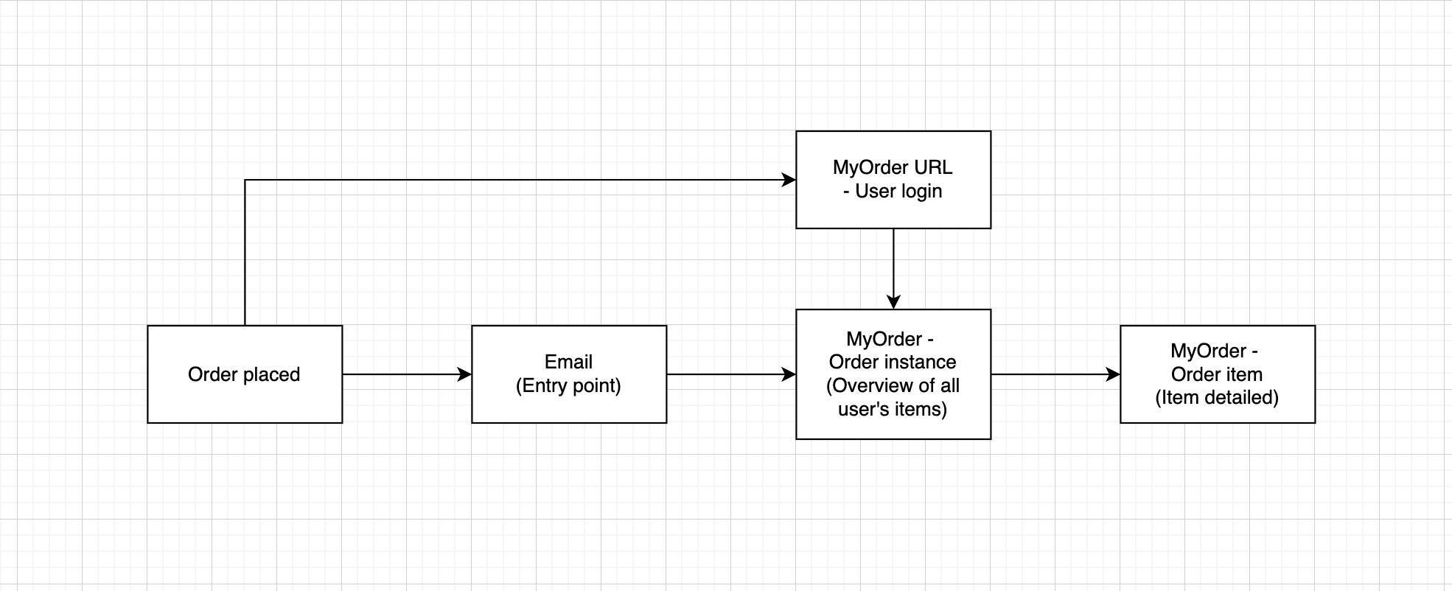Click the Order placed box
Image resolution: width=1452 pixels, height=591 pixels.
click(245, 374)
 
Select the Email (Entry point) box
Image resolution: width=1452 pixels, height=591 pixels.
click(569, 374)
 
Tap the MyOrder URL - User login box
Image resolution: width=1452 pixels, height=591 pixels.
click(893, 180)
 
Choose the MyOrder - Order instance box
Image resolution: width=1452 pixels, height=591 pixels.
click(893, 374)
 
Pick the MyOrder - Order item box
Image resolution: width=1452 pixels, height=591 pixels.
click(1218, 374)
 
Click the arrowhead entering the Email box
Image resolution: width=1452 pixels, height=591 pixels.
click(465, 374)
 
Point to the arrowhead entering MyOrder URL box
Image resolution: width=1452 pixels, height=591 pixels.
click(789, 180)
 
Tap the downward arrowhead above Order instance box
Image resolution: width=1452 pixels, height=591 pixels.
click(893, 302)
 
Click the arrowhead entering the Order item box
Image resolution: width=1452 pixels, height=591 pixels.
click(1114, 374)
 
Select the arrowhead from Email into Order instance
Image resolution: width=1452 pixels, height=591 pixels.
click(789, 374)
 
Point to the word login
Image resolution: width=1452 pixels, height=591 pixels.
click(919, 191)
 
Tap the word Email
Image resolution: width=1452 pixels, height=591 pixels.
click(568, 362)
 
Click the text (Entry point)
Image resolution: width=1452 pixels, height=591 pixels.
click(568, 385)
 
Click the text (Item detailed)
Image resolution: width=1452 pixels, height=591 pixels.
click(1217, 397)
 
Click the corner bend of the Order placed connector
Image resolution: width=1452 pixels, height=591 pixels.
click(245, 180)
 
